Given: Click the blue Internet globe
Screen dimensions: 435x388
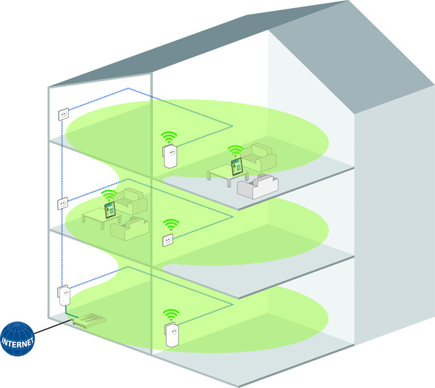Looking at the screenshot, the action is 17,339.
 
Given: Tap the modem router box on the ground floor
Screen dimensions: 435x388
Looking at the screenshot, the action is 89,321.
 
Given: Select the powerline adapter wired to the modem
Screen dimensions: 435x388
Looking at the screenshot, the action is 64,295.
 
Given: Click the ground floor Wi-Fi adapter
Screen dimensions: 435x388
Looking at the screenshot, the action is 172,334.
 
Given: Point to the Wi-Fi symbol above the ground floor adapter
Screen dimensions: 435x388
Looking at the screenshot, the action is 171,315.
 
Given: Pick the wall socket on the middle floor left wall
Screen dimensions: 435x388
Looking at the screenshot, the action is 63,204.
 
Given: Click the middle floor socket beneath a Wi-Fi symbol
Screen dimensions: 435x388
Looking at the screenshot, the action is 168,240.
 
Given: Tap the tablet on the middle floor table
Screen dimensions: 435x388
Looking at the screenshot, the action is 110,210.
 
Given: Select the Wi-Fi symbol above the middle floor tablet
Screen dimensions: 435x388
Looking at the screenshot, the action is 109,195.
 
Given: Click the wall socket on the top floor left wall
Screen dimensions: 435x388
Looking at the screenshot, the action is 64,114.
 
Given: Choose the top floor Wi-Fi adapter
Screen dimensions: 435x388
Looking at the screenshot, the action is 170,156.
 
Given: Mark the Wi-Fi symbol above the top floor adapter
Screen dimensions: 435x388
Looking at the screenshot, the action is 169,137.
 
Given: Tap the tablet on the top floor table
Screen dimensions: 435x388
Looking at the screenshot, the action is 237,167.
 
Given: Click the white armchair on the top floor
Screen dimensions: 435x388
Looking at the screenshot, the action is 257,186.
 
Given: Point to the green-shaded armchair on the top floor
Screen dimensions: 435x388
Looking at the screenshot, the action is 260,157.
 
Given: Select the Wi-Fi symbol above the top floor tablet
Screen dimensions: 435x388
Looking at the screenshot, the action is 236,152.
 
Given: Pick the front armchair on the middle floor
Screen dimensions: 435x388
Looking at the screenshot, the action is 130,228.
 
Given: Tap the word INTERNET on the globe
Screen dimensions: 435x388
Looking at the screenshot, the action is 17,342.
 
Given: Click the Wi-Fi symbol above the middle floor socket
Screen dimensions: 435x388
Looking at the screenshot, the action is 171,225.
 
